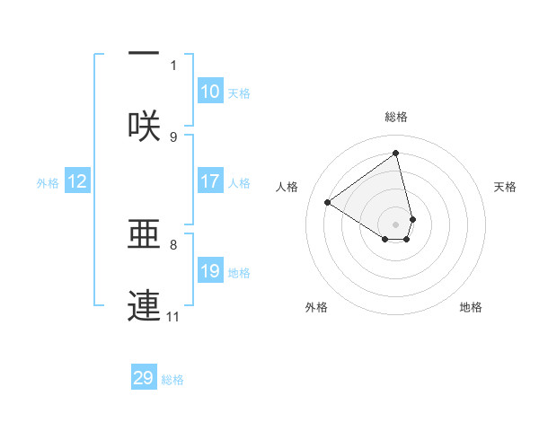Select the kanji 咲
(144, 127)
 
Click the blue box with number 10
(210, 92)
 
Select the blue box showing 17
(210, 181)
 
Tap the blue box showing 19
(210, 271)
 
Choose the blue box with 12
(77, 181)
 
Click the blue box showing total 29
(144, 378)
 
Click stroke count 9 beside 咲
(173, 136)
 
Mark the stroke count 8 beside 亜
(173, 243)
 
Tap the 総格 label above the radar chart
(396, 117)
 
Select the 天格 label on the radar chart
(506, 187)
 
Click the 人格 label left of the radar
(287, 187)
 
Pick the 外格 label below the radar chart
(316, 307)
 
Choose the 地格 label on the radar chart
(471, 307)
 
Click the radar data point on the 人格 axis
(328, 202)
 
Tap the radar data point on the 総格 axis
(396, 154)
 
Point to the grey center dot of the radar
(396, 224)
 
